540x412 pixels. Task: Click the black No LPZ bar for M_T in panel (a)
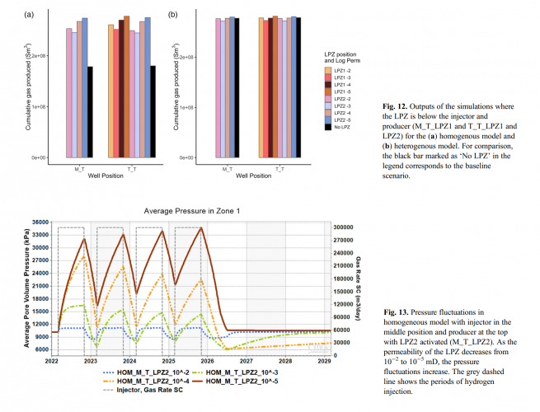click(90, 111)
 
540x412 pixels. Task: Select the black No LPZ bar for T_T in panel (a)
click(153, 111)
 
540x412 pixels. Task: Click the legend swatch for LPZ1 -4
click(328, 85)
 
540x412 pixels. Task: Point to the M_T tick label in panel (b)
click(227, 168)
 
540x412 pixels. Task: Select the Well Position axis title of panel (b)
click(254, 176)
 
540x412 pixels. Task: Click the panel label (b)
click(172, 15)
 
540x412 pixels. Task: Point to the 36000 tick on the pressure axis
click(40, 222)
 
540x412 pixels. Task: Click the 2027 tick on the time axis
click(246, 361)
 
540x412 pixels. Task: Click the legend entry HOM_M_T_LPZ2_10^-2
click(150, 371)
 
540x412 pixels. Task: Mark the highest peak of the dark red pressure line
click(201, 228)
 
